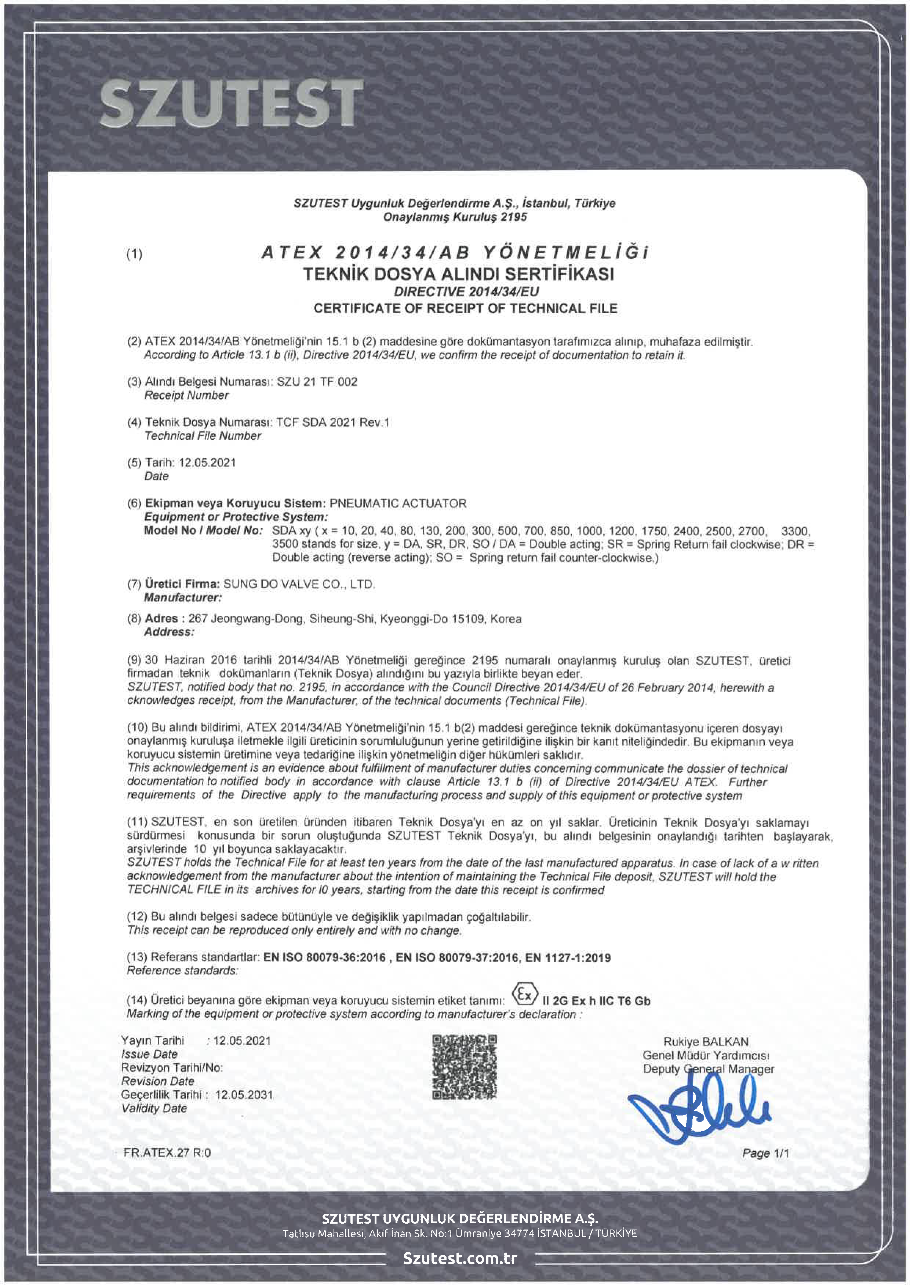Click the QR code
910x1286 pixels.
[465, 1067]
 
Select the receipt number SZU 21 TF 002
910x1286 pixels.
[317, 382]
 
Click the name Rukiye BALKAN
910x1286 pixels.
[706, 1042]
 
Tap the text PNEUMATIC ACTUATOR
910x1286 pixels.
[398, 503]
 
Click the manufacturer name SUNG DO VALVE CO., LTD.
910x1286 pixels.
[299, 584]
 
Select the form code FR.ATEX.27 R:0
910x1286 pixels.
[167, 1153]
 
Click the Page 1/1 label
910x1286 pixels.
[765, 1153]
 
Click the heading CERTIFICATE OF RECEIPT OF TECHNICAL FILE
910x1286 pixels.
[465, 309]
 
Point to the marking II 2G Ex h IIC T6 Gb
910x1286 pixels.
[596, 1001]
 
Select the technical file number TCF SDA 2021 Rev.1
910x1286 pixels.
[333, 422]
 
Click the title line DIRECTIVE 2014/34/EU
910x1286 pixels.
[466, 292]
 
